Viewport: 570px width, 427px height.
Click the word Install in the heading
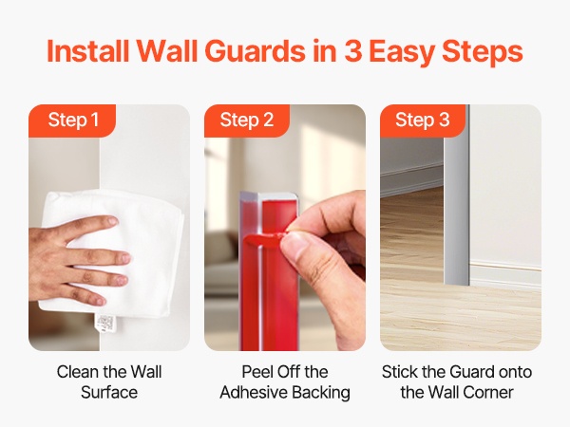click(88, 50)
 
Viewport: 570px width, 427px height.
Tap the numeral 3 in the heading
click(352, 51)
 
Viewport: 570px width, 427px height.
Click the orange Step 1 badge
click(72, 121)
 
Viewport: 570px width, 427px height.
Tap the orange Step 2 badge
click(247, 121)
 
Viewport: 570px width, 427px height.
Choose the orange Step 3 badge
click(423, 121)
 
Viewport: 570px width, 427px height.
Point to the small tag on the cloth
click(105, 325)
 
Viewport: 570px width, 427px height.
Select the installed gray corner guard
click(457, 196)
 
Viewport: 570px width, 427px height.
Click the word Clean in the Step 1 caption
click(78, 372)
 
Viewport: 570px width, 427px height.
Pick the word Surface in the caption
click(109, 393)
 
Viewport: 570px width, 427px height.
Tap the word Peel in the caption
click(256, 372)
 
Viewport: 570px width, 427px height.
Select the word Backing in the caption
click(321, 393)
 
